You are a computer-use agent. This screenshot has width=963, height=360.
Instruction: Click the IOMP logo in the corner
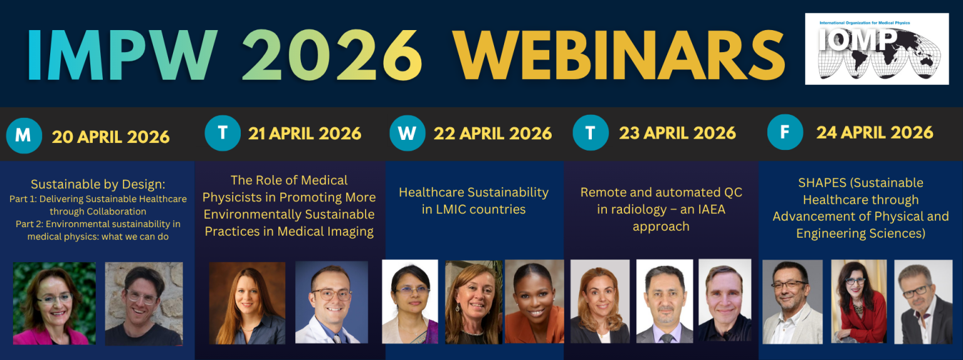pyautogui.click(x=876, y=48)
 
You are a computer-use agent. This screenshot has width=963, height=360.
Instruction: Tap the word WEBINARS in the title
pyautogui.click(x=619, y=55)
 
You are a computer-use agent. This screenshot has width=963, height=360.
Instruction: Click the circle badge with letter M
pyautogui.click(x=24, y=136)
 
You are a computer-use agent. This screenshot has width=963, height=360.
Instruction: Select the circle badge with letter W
pyautogui.click(x=407, y=133)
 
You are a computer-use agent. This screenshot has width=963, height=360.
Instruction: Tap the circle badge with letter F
pyautogui.click(x=785, y=132)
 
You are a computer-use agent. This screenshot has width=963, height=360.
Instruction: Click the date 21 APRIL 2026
pyautogui.click(x=305, y=134)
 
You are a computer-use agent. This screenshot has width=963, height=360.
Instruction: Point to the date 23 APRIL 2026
pyautogui.click(x=678, y=133)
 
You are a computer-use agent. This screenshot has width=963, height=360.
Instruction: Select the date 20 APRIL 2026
pyautogui.click(x=111, y=137)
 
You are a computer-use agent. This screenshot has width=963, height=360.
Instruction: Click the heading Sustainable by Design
pyautogui.click(x=98, y=184)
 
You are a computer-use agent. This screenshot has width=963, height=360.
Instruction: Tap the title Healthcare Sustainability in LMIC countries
pyautogui.click(x=474, y=201)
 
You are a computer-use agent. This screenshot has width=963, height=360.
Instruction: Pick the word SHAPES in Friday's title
pyautogui.click(x=822, y=183)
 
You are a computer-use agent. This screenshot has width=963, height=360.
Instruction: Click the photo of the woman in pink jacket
pyautogui.click(x=54, y=303)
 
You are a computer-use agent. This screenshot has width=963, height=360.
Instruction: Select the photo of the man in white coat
pyautogui.click(x=332, y=302)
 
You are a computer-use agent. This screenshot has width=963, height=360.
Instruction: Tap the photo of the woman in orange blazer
pyautogui.click(x=534, y=301)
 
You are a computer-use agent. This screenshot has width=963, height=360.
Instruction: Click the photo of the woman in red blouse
pyautogui.click(x=859, y=301)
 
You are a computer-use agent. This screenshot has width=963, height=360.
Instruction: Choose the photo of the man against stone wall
pyautogui.click(x=144, y=304)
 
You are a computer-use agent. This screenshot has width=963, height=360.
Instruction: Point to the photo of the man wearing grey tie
pyautogui.click(x=665, y=301)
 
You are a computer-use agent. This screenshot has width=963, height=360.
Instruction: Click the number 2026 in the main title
pyautogui.click(x=332, y=55)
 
